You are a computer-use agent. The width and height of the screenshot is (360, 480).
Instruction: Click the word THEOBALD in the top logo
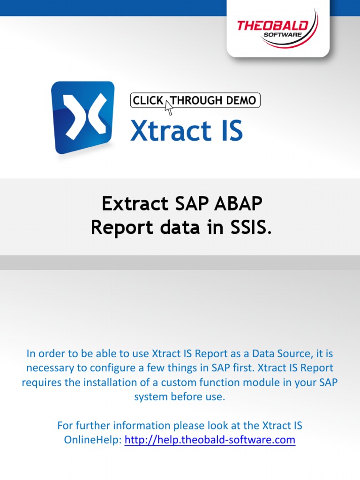(x=272, y=25)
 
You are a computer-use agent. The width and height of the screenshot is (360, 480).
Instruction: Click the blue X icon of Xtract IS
(x=83, y=117)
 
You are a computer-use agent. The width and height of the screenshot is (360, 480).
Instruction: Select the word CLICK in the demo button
(x=148, y=100)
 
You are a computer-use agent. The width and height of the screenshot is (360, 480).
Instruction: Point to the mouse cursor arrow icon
(x=169, y=107)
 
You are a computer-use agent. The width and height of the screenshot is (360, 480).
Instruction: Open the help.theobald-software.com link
(x=210, y=440)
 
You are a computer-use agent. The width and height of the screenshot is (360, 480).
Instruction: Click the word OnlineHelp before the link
(x=92, y=440)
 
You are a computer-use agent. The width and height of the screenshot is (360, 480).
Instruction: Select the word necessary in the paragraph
(x=48, y=367)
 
